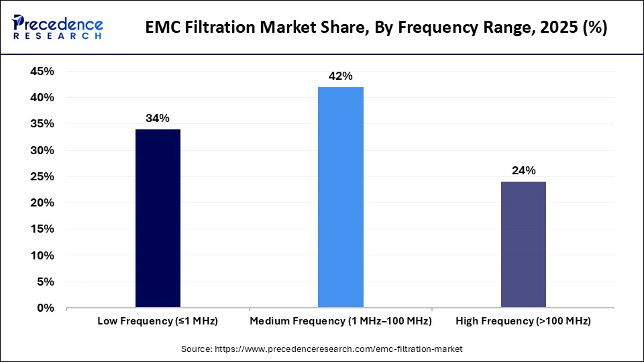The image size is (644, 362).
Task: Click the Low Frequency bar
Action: click(158, 219)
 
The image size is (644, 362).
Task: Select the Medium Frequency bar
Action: click(341, 197)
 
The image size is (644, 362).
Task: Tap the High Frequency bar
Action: click(523, 245)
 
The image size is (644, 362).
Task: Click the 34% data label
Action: click(158, 119)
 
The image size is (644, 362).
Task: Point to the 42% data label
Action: click(341, 76)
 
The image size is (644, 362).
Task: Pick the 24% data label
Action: click(523, 171)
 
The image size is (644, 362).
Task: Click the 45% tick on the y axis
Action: click(42, 71)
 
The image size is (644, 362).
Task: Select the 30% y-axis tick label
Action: click(42, 150)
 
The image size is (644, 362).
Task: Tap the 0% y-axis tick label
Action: click(45, 308)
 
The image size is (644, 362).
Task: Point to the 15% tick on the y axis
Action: click(42, 229)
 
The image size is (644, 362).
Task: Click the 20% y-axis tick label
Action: click(42, 203)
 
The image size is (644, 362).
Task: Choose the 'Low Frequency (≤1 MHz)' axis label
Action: click(158, 322)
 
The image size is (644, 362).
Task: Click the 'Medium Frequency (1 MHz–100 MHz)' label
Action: click(341, 322)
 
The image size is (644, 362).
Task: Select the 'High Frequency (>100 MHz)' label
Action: click(523, 322)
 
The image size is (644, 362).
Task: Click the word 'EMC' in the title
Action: click(163, 28)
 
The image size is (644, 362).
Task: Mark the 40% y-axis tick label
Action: click(42, 98)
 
